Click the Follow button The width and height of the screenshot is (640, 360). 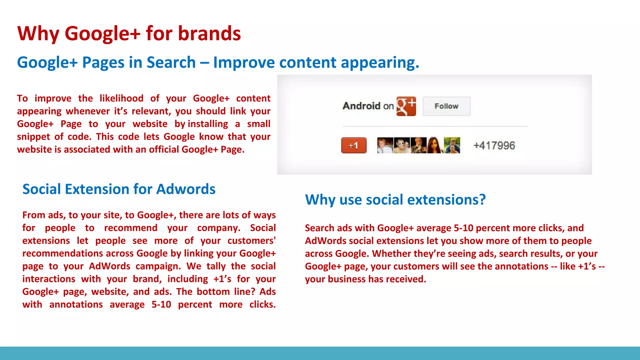click(446, 106)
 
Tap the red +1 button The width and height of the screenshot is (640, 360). click(354, 145)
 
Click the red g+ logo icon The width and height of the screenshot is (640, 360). click(406, 106)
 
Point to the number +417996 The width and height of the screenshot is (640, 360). click(494, 145)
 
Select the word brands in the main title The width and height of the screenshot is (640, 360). click(209, 33)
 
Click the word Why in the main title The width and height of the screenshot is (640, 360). click(38, 33)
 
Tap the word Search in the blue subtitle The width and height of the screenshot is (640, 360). click(171, 62)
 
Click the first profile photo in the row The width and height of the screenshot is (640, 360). click(385, 145)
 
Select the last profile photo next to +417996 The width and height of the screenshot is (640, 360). click(452, 145)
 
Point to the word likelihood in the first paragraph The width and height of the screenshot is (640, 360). click(121, 98)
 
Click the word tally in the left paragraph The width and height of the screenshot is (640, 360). click(216, 266)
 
